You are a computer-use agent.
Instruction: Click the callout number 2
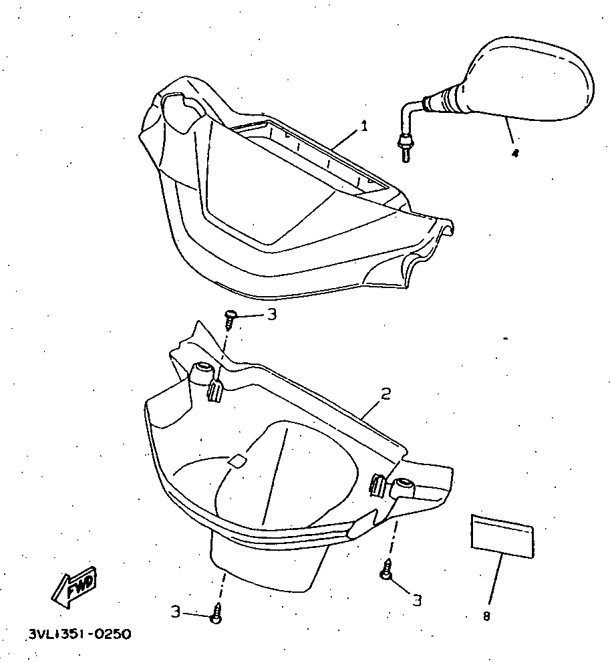[386, 394]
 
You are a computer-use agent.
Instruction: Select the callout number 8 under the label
[486, 616]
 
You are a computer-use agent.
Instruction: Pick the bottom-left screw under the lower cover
[216, 614]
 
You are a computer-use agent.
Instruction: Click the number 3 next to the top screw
[271, 314]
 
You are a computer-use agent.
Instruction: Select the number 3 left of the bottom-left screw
[174, 612]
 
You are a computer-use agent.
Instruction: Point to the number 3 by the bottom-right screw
[417, 600]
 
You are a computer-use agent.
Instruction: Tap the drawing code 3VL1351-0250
[80, 634]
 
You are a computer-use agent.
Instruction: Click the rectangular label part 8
[503, 534]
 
